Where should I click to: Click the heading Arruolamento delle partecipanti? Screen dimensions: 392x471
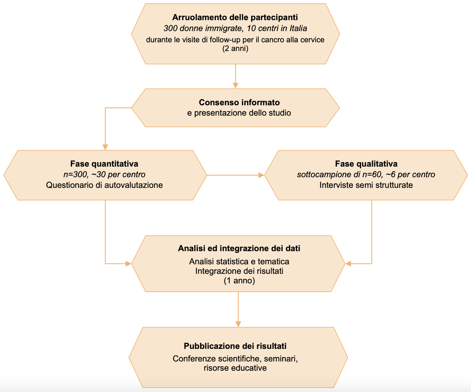(235, 18)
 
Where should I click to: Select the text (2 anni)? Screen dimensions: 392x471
(235, 49)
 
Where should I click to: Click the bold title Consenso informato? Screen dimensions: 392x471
(239, 103)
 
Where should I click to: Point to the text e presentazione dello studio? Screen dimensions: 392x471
(239, 113)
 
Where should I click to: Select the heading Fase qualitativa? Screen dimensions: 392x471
(366, 163)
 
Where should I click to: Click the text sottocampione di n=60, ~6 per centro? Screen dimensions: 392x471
(366, 174)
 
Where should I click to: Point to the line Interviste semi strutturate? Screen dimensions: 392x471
(366, 185)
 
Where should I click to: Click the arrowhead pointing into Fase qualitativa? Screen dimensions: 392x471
(261, 175)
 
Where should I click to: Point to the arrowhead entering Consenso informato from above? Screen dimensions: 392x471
(235, 85)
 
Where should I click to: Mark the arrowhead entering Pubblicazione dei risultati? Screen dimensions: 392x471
(238, 324)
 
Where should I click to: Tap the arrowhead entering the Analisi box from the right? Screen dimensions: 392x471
(348, 264)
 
